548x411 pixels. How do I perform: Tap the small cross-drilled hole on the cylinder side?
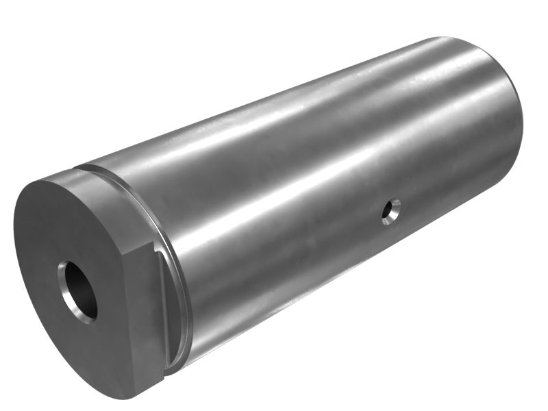click(x=392, y=212)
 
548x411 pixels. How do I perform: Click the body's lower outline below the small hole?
click(x=384, y=288)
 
